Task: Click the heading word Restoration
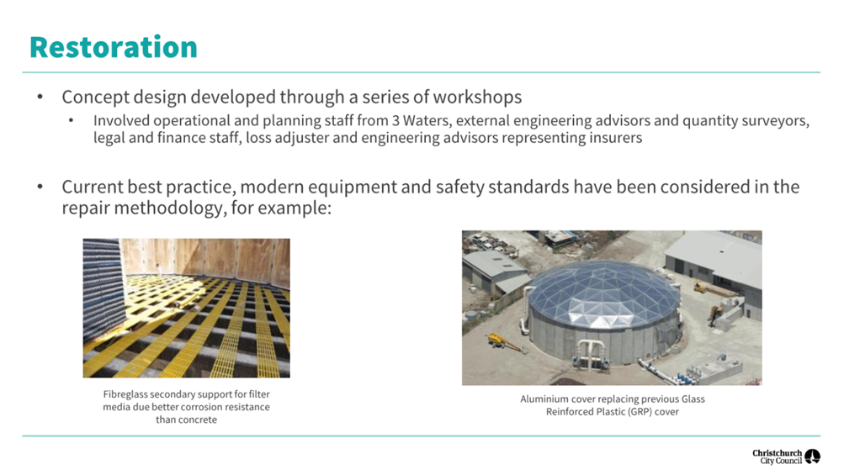[114, 47]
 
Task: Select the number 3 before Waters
[395, 120]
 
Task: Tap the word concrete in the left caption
[199, 420]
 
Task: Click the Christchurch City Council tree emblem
[812, 457]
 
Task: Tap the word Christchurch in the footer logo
[777, 453]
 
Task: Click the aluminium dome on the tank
[602, 293]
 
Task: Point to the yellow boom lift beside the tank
[504, 342]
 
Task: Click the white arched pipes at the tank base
[592, 352]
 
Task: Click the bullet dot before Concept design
[40, 98]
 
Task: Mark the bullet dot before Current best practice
[40, 187]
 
